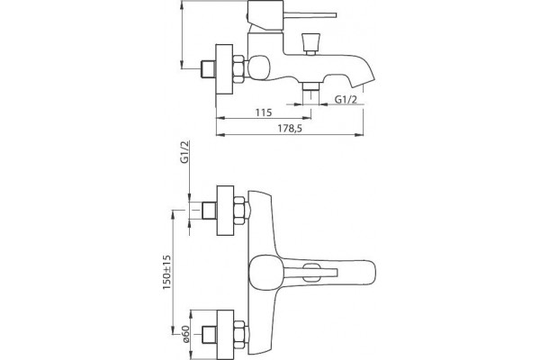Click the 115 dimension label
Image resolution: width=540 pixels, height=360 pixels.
pos(264,112)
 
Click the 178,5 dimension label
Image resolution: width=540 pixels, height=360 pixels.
pos(290,129)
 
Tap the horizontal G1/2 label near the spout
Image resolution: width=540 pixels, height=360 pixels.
pos(346,100)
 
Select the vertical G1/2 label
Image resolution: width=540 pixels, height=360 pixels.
pos(185,152)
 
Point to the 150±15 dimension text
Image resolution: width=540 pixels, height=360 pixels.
pos(167,272)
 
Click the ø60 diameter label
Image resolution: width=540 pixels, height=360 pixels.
pos(186,334)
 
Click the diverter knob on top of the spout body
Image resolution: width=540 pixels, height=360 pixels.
pos(310,44)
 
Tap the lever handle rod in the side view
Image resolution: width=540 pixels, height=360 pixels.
pos(310,15)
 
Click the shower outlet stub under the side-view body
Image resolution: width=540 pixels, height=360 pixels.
pos(311,91)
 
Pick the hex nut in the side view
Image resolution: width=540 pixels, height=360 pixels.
pos(238,69)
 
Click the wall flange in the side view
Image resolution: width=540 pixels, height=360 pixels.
pos(224,69)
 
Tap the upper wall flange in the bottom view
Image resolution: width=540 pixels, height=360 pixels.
pos(225,211)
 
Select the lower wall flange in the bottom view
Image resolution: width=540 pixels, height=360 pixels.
pos(225,335)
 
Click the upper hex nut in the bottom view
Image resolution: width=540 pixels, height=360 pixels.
pos(239,211)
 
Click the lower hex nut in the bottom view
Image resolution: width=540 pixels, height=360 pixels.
pos(239,335)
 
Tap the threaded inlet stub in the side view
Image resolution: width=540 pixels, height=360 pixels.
pos(208,69)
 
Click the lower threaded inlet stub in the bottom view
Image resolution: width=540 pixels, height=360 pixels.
pos(210,335)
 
